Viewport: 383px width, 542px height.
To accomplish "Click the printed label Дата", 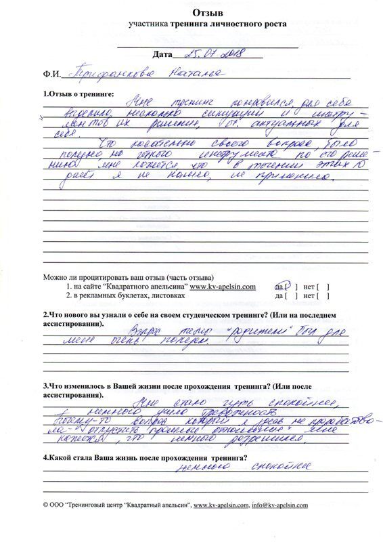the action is (163, 54).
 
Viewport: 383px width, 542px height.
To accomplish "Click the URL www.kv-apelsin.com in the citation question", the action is (222, 287).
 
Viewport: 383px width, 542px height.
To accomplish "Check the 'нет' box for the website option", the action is (321, 287).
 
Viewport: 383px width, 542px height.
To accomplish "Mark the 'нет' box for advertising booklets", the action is (321, 296).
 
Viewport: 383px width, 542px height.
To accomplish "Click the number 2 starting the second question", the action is (45, 315).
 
